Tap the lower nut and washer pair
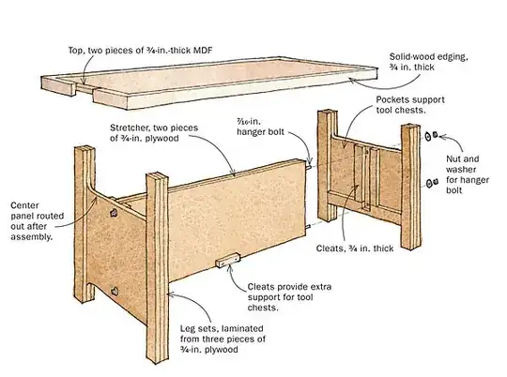[434, 182]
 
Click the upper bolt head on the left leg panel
[112, 215]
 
